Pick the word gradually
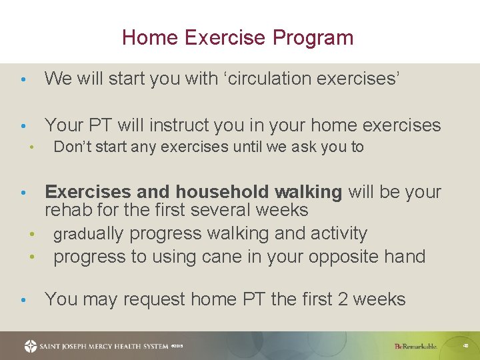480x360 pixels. click(x=89, y=234)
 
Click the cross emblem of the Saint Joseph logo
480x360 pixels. click(x=31, y=346)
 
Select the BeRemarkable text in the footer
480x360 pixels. click(x=415, y=347)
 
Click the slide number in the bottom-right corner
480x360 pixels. click(x=465, y=346)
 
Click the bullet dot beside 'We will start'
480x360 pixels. click(x=23, y=80)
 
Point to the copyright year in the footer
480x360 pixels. click(x=177, y=347)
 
